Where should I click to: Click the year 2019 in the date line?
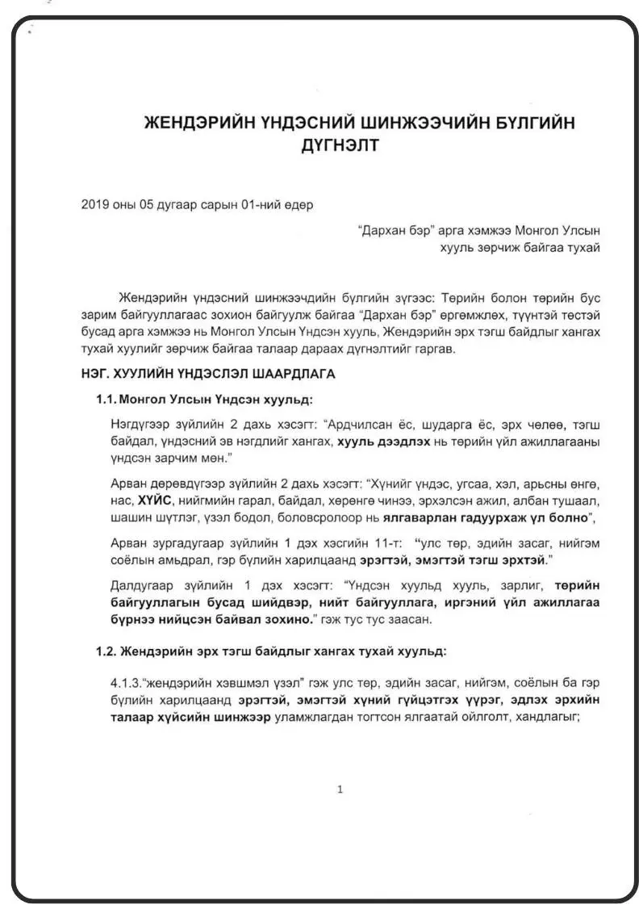pos(95,205)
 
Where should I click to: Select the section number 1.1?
pos(106,400)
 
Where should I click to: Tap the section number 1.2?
pos(106,651)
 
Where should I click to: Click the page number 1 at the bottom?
pos(340,790)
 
